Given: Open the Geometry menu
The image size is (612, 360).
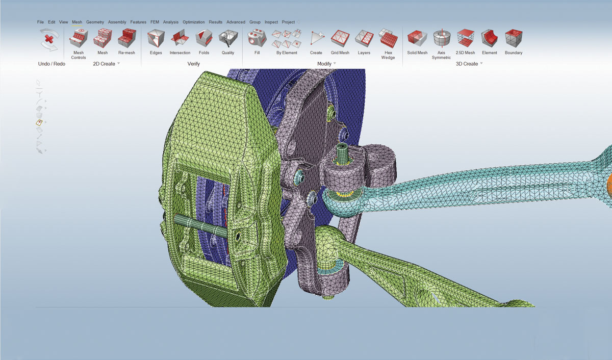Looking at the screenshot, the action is point(95,22).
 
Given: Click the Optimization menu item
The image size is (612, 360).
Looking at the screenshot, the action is point(193,22).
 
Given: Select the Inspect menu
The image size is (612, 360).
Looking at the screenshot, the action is point(271,22).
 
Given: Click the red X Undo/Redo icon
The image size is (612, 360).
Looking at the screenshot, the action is point(49,40).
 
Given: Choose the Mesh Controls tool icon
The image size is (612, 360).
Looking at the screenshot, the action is point(79,38).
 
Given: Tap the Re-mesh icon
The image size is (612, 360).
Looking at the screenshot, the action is point(127,38).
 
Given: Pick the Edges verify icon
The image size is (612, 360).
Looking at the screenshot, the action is point(156,38).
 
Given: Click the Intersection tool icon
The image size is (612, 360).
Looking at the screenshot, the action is point(180,38).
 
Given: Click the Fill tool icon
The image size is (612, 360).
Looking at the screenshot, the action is point(257,38).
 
